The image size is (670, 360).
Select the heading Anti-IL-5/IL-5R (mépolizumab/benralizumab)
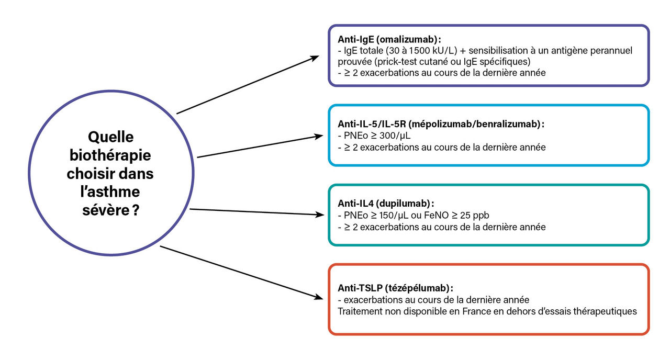click(x=441, y=124)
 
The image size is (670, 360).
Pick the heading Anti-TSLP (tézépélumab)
click(x=395, y=288)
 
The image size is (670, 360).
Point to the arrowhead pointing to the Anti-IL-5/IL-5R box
click(x=318, y=137)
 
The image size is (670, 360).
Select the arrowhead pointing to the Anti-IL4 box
click(x=318, y=214)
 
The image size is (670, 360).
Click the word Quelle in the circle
click(x=110, y=138)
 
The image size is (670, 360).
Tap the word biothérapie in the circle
click(x=110, y=156)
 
